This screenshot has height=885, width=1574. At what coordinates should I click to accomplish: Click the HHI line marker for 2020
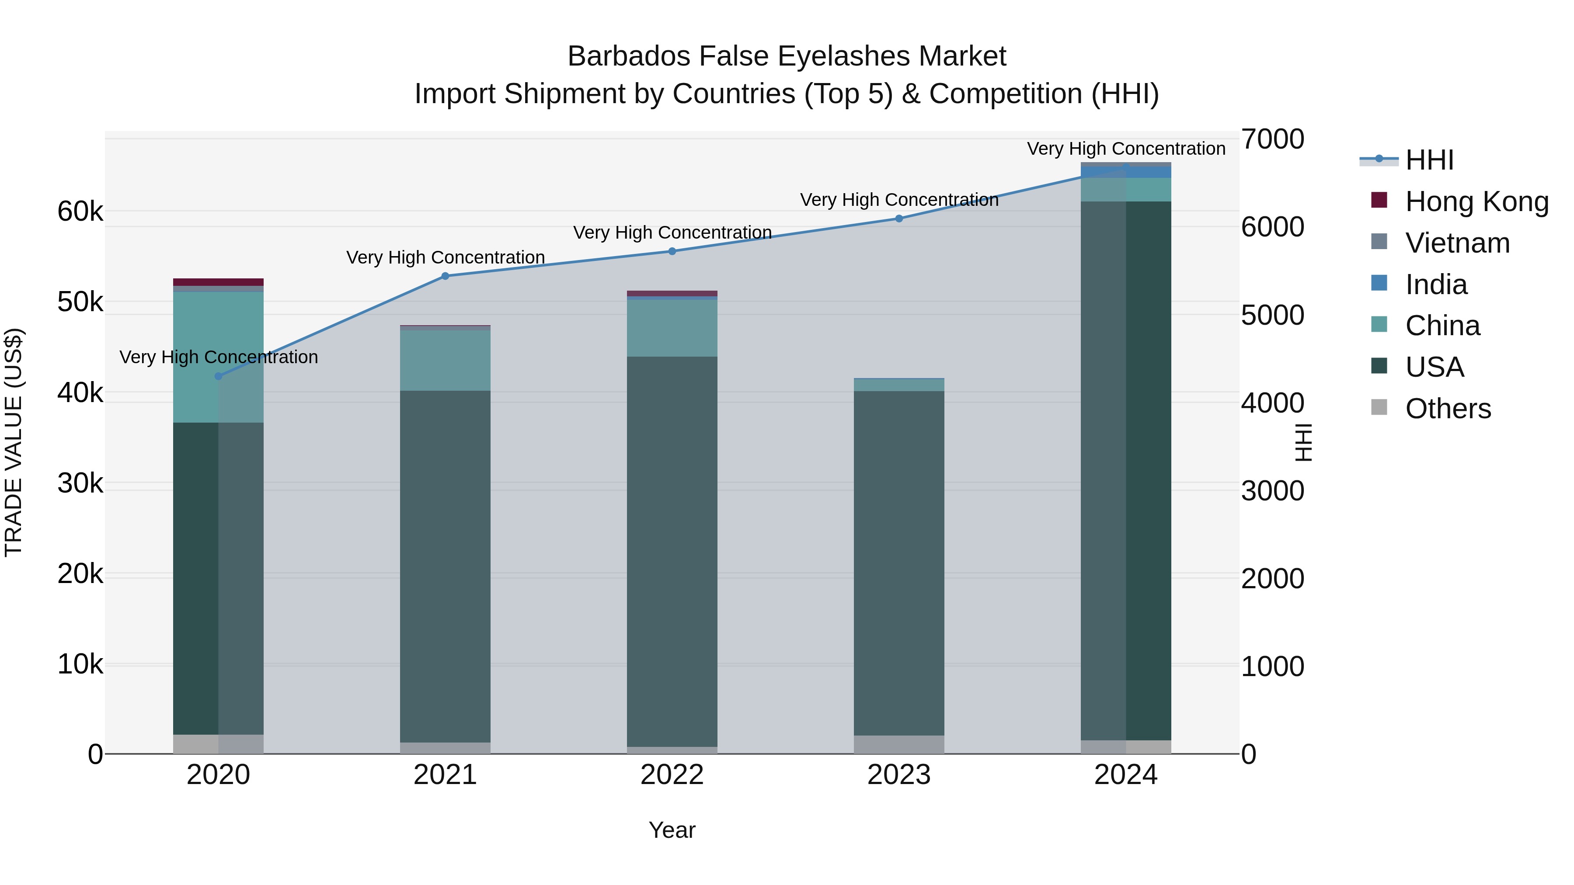pos(218,376)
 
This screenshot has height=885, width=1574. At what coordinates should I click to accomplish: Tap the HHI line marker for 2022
pos(672,251)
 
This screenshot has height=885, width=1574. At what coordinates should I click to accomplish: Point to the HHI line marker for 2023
pos(899,219)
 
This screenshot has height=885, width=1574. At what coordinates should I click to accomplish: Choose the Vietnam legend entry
pos(1457,243)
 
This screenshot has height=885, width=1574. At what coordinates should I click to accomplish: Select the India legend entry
pos(1436,285)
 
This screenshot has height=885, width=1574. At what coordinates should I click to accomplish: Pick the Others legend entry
pos(1448,409)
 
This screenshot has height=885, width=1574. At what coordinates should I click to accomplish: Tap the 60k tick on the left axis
pos(80,212)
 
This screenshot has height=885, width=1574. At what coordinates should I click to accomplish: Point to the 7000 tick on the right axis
pos(1273,139)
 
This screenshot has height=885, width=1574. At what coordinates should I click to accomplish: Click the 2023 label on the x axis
pos(899,775)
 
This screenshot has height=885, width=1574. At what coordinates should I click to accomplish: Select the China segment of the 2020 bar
pos(218,357)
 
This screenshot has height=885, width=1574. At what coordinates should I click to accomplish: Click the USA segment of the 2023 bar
pos(899,562)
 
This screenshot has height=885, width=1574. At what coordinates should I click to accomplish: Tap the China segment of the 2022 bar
pos(672,328)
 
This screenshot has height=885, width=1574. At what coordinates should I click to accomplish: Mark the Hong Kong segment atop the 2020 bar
pos(218,282)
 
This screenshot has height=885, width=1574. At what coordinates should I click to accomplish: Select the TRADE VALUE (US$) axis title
pos(14,442)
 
